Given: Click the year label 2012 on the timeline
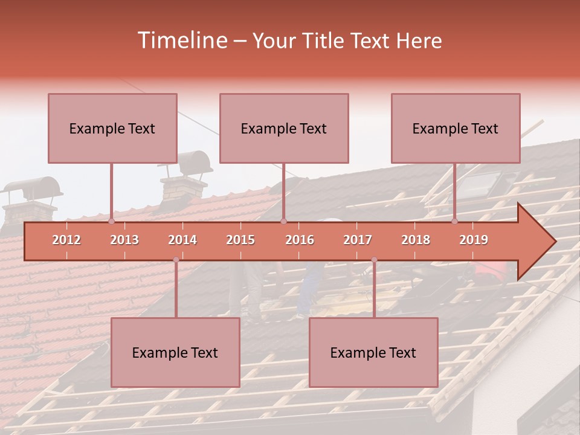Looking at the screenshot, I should point(66,240).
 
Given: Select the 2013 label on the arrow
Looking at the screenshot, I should point(124,240).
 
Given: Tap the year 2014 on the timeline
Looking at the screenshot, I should point(182,240).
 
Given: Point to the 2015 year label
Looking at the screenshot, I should point(240,240).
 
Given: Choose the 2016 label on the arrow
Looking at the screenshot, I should point(300,240).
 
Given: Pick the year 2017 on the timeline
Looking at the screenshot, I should point(358,240).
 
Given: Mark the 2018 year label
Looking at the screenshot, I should point(416,240).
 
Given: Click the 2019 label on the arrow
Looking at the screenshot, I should point(474,240).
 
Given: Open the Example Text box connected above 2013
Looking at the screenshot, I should point(112,128).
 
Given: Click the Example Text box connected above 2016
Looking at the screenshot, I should point(284,128).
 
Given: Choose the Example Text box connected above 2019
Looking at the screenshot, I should point(456,128).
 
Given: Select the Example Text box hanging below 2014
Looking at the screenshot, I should point(175,352).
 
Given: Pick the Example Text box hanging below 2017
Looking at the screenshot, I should point(373,352).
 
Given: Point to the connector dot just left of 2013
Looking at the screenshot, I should point(112,222).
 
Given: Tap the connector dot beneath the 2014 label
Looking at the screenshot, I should point(176,260).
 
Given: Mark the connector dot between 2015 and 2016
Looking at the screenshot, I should point(283,222).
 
